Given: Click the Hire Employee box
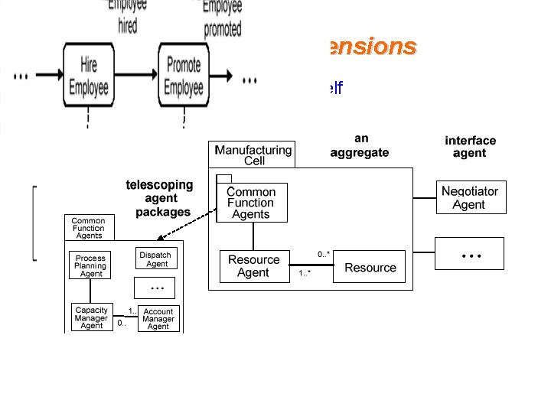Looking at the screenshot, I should point(89,78).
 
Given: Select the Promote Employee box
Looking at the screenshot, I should point(184,78).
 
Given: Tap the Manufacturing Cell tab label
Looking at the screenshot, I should point(253,155).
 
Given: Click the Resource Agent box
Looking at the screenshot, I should point(253,266).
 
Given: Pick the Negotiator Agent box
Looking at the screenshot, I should point(469,198).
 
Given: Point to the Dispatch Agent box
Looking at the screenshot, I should point(156,259).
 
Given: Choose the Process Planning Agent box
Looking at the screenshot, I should point(90,265).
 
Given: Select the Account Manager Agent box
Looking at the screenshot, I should point(158,319).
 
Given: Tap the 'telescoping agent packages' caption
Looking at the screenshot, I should point(160,198).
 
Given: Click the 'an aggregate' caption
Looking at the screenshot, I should point(360,145).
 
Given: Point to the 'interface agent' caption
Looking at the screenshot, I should point(470,147).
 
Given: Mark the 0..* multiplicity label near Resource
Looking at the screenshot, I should point(323,254).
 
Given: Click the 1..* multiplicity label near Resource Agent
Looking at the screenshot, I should point(304,272).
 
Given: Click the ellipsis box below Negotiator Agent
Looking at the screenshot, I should point(469,253).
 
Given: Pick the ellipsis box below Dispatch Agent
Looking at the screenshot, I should point(156,288).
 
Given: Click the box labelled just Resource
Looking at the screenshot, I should point(370,268).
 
